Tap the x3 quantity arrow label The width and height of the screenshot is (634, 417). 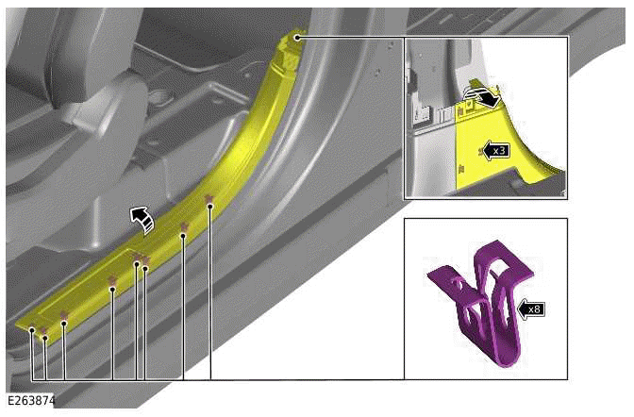point(496,150)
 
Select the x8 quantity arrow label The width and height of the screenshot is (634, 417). point(530,308)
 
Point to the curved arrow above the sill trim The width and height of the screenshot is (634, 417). point(142,219)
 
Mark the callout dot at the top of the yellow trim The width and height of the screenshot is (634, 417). point(296,38)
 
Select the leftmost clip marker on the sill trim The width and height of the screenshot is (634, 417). point(32,329)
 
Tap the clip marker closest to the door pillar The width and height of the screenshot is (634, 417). point(209,198)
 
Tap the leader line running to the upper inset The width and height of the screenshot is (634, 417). point(349,38)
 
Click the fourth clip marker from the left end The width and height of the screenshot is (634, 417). point(112,280)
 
